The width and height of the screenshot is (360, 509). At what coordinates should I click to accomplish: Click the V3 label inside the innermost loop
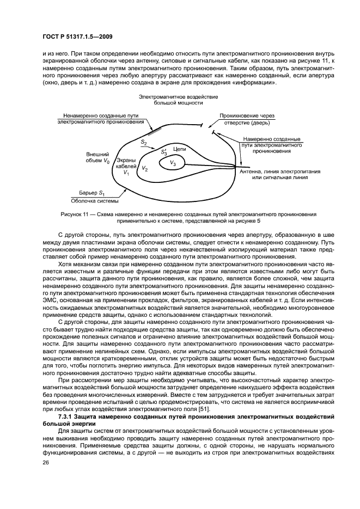(173, 163)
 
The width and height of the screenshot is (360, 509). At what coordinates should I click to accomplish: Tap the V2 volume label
(144, 169)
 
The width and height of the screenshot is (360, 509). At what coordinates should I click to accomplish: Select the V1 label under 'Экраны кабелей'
(126, 173)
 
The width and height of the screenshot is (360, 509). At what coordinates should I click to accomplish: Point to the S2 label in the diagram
(144, 142)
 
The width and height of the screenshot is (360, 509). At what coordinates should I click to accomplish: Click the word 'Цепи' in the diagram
(179, 148)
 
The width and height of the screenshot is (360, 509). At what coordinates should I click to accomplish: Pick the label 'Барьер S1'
(91, 193)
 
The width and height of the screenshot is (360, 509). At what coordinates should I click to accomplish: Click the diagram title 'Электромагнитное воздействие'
(178, 96)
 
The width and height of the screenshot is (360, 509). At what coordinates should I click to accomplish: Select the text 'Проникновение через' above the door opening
(247, 116)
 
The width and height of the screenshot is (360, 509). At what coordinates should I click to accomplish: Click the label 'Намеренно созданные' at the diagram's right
(271, 139)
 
